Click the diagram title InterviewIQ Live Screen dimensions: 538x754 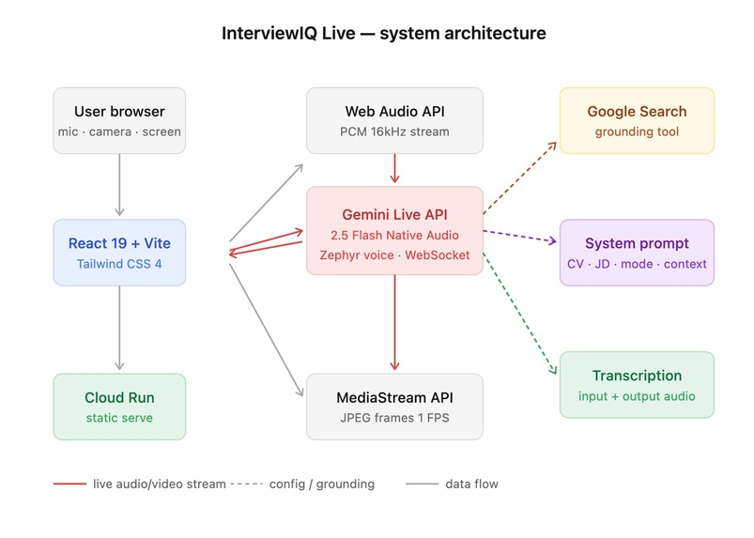(383, 33)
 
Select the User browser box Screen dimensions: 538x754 (119, 120)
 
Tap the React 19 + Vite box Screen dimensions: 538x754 (119, 253)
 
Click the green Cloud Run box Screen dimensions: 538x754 (119, 406)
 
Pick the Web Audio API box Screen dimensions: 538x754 (394, 120)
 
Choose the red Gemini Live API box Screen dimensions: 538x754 (394, 230)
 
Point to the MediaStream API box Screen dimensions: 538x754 (394, 406)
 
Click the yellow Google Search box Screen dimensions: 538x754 (637, 120)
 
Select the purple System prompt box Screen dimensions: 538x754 (637, 253)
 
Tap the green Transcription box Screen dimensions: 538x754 (637, 384)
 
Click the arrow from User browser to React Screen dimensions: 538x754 (119, 184)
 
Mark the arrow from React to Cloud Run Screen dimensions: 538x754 (119, 329)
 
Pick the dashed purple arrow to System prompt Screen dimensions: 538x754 (520, 236)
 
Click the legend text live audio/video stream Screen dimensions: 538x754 (160, 484)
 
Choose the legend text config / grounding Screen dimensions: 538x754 (321, 484)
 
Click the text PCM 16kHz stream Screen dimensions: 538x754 (394, 131)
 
